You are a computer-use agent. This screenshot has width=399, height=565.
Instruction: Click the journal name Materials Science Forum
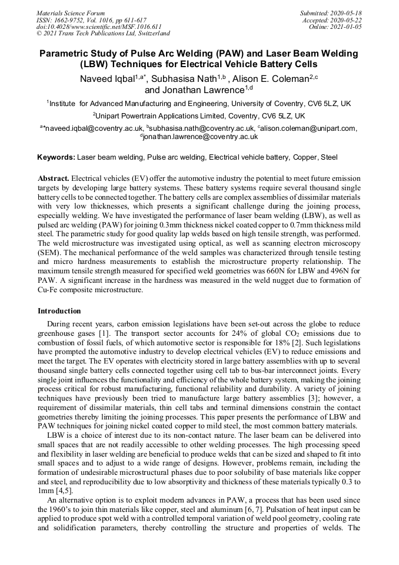point(71,13)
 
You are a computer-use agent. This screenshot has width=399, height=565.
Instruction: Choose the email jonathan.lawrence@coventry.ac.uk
point(201,136)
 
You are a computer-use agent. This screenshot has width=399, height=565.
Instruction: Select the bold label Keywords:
point(56,157)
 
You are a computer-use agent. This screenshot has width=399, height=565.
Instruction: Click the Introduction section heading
point(59,310)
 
